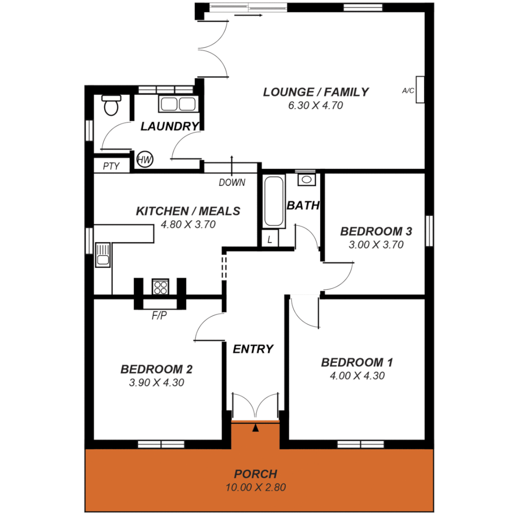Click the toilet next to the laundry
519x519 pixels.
(x=111, y=105)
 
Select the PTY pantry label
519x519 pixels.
(x=111, y=166)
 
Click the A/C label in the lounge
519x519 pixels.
(x=408, y=90)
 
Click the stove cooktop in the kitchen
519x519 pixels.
(x=160, y=286)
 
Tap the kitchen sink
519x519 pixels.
(x=103, y=255)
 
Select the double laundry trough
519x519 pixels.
(x=177, y=104)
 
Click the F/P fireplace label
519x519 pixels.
(x=160, y=316)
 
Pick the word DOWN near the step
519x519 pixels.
(x=232, y=183)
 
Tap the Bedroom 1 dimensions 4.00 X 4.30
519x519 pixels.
(x=357, y=376)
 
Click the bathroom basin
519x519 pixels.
(x=306, y=180)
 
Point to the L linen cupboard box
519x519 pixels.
(x=270, y=239)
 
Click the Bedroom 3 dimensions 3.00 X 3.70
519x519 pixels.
(x=376, y=245)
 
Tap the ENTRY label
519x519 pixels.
(x=253, y=349)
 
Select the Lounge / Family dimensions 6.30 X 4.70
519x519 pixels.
(x=315, y=106)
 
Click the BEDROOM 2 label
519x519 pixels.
(x=157, y=370)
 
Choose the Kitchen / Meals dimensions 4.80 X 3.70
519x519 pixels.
(x=188, y=224)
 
